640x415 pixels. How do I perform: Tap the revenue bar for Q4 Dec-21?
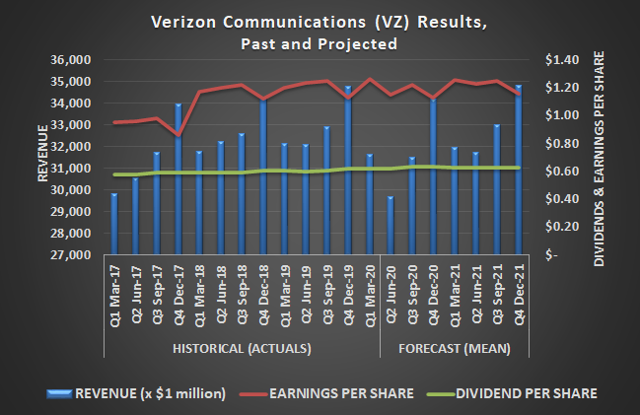(x=518, y=170)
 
